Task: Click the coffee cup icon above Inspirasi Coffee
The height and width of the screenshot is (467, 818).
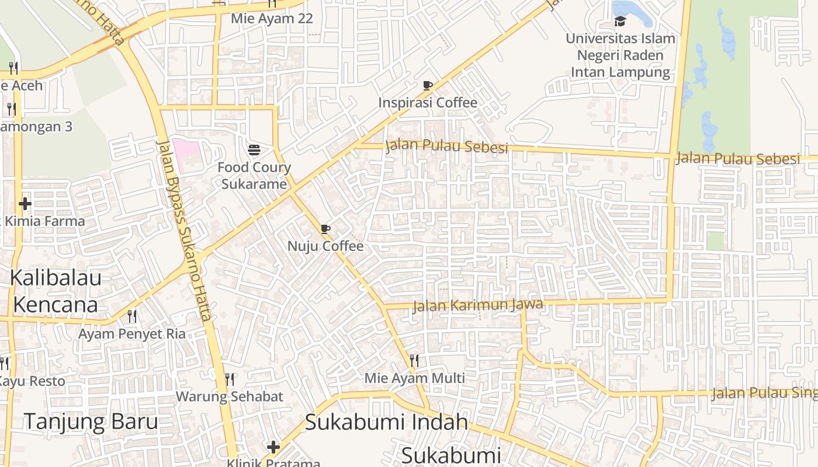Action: click(428, 86)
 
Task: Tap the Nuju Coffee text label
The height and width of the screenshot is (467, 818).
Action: click(325, 246)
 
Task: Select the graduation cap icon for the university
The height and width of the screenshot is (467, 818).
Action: click(620, 22)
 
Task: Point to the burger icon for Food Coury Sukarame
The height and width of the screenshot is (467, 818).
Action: click(254, 150)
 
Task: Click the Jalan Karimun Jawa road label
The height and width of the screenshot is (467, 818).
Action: click(477, 305)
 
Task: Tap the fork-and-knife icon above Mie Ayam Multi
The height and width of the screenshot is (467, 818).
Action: click(414, 360)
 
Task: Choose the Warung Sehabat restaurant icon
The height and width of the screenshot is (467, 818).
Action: click(230, 379)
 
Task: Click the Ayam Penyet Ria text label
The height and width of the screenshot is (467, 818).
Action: click(132, 334)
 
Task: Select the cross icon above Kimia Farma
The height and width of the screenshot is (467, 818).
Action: click(25, 204)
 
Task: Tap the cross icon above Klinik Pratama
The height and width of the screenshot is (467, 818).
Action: click(273, 448)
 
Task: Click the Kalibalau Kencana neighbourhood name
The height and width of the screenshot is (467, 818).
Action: click(56, 291)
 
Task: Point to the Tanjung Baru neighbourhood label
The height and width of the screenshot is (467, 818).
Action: click(91, 421)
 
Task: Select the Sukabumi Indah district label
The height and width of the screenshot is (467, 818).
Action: click(387, 421)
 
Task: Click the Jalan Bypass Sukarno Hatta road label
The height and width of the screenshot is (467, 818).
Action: click(183, 231)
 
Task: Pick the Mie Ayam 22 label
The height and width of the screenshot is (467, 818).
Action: click(272, 18)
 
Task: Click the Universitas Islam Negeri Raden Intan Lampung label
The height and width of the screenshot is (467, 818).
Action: click(621, 55)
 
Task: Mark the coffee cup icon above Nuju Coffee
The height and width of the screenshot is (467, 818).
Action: click(325, 229)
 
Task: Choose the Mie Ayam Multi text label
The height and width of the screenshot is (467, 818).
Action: click(415, 378)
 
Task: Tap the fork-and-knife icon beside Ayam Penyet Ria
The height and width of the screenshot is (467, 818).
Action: click(132, 316)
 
